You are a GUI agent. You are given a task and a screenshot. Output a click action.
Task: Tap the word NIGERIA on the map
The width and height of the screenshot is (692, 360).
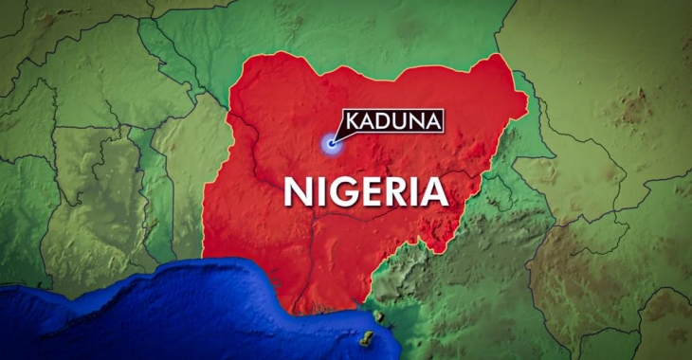(365, 191)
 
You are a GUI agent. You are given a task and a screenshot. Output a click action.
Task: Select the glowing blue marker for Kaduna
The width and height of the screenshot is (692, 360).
(331, 144)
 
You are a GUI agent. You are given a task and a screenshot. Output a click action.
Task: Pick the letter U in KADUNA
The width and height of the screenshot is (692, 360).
(399, 122)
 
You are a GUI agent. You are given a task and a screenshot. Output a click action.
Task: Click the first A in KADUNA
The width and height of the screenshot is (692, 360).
(369, 122)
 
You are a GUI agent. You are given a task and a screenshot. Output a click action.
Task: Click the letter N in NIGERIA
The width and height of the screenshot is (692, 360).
(297, 192)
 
